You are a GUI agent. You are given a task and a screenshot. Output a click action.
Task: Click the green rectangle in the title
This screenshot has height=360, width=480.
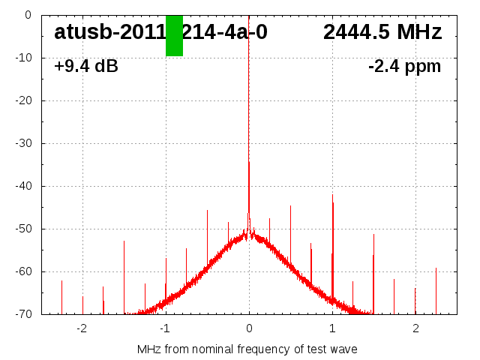click(x=174, y=35)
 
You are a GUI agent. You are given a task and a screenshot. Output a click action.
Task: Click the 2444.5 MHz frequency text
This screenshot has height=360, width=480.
click(x=382, y=32)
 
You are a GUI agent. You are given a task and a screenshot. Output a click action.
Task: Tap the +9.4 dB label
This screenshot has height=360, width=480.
click(x=85, y=67)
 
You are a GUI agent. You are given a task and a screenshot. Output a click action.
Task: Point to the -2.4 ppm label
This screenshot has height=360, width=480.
click(x=404, y=67)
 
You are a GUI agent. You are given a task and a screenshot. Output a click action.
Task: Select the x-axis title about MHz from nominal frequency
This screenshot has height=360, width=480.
click(x=247, y=349)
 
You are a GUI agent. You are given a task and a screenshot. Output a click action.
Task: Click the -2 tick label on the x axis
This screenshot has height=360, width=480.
click(x=82, y=328)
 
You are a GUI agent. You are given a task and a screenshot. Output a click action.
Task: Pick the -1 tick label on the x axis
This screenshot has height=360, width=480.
click(x=165, y=328)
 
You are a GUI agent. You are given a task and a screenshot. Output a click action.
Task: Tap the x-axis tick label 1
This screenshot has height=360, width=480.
click(x=332, y=328)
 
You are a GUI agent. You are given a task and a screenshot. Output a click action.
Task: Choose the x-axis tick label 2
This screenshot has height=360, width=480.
click(x=415, y=328)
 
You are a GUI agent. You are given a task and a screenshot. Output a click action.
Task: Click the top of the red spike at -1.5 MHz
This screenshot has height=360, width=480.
click(x=124, y=241)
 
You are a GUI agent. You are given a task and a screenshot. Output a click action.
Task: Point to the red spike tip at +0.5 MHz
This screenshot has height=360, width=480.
click(x=291, y=206)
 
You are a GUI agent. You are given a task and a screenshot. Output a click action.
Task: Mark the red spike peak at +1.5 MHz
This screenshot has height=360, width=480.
click(x=373, y=235)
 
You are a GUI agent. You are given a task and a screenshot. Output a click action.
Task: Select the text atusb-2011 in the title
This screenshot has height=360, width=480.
click(x=109, y=32)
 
